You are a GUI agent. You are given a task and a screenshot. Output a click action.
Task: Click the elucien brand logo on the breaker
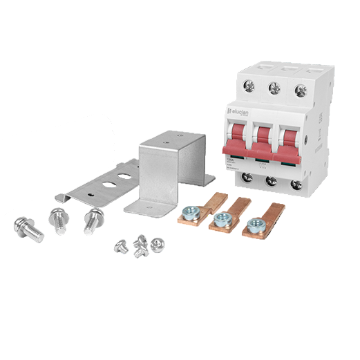240,111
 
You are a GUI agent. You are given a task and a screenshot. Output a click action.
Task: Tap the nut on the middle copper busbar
221,220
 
